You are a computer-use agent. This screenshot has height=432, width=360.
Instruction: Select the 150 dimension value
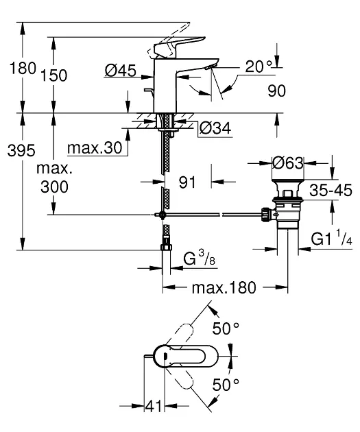point(54,76)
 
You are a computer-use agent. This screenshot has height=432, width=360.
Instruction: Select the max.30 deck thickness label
point(95,148)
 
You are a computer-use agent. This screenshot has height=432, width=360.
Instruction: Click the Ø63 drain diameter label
point(286,164)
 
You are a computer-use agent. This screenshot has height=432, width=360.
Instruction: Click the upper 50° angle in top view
point(226,328)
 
